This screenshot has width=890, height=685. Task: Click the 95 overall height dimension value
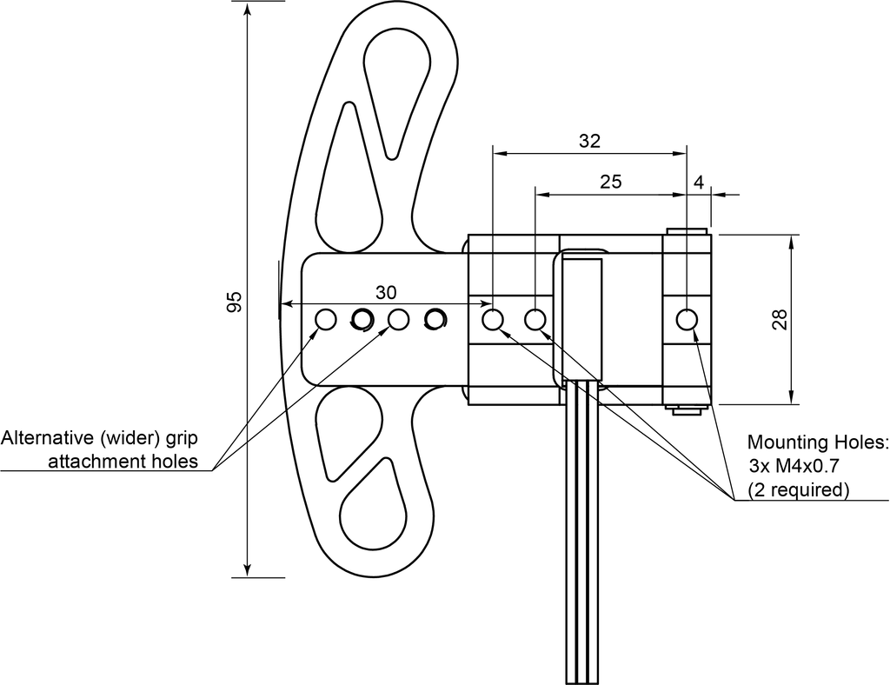234,302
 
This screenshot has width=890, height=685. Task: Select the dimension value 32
589,141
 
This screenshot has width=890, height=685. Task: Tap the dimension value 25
611,182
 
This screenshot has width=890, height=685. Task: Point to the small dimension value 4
699,183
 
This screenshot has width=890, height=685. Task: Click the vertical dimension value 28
780,320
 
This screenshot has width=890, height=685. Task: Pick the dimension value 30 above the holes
386,292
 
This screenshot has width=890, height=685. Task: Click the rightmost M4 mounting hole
687,320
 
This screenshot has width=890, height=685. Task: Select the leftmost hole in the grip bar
326,320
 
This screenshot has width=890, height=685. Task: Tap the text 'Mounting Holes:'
817,442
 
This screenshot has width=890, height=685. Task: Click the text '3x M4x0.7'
794,466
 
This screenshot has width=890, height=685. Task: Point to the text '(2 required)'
798,489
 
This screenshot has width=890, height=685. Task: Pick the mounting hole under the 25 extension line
535,320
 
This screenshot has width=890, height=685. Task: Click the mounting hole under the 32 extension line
493,320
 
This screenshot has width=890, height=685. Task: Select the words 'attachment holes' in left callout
123,462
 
